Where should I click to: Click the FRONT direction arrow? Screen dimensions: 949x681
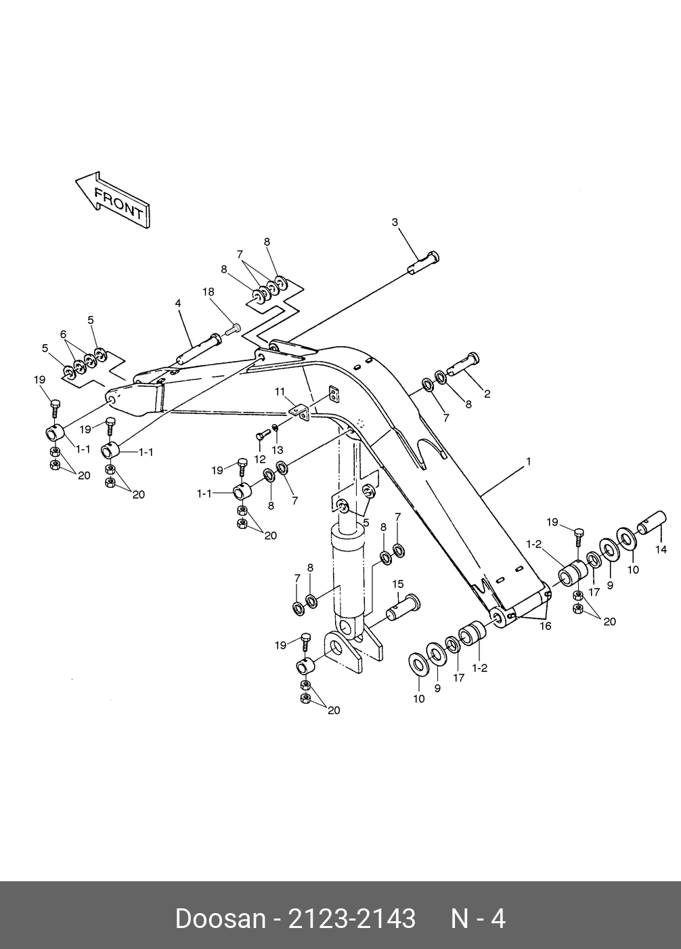112,201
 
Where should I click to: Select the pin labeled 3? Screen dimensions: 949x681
424,263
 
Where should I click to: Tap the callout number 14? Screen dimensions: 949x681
661,550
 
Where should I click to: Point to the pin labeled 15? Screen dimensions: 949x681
403,606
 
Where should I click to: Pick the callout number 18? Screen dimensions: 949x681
208,291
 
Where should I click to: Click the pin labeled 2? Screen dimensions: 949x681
462,366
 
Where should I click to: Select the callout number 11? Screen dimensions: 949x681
280,392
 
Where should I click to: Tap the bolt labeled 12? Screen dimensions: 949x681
263,434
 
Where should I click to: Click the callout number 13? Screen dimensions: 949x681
278,449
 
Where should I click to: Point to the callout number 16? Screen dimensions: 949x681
545,626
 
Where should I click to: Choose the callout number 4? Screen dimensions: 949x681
178,303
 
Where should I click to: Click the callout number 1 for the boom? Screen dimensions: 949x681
529,462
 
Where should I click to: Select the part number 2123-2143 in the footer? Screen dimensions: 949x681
352,919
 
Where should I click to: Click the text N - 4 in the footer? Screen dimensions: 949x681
478,919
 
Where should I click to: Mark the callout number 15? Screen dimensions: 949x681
397,584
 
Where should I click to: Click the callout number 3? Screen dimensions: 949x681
395,222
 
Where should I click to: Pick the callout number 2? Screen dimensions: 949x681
487,394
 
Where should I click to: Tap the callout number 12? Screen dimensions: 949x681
260,459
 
